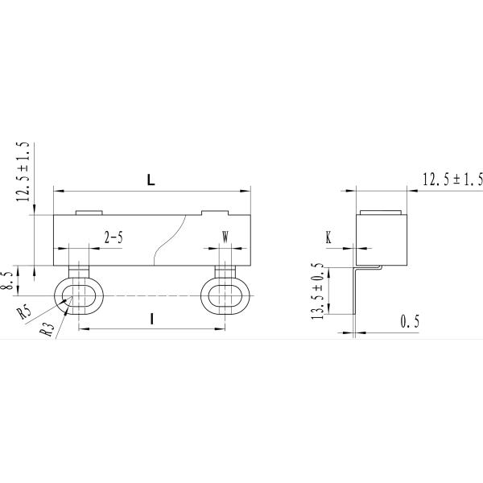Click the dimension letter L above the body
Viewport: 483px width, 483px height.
click(151, 180)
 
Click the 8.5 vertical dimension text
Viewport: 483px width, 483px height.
click(7, 279)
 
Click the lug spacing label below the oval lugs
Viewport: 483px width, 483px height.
click(152, 320)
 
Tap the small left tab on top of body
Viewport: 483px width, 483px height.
click(89, 213)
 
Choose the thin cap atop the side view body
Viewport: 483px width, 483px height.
click(382, 213)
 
